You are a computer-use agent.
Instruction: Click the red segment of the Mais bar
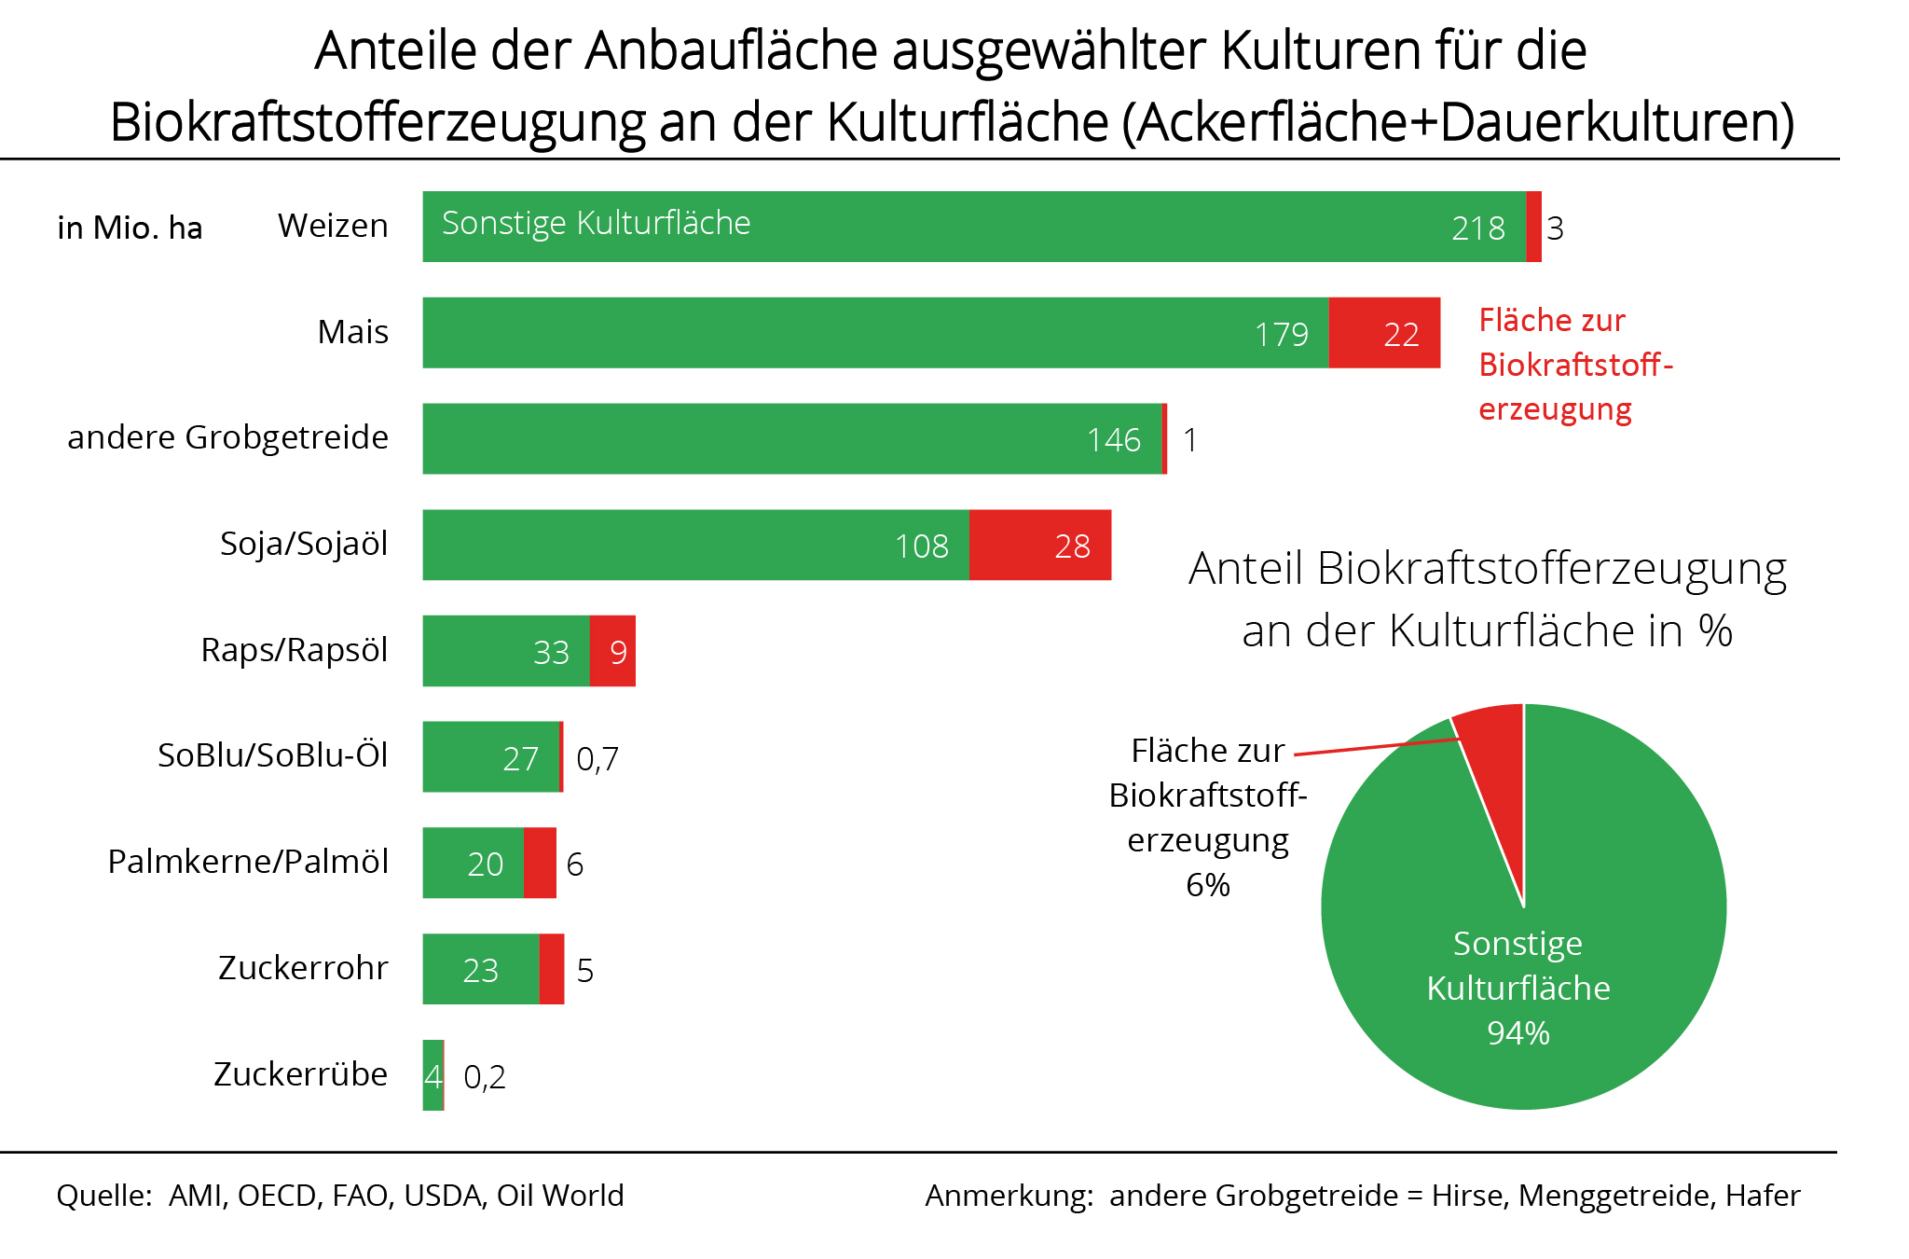(x=1383, y=333)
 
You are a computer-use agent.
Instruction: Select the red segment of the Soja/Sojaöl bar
(x=1039, y=545)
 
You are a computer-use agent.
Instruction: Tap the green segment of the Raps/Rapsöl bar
(x=506, y=651)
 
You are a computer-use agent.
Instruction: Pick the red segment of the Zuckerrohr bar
(x=552, y=969)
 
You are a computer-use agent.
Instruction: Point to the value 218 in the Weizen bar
(x=1477, y=228)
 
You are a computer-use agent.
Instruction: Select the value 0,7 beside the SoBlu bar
(x=597, y=759)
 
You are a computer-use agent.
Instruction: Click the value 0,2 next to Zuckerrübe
(x=485, y=1077)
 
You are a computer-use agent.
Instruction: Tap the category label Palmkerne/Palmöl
(x=248, y=862)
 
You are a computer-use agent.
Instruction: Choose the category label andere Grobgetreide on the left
(x=227, y=437)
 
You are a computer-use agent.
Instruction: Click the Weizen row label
(x=333, y=226)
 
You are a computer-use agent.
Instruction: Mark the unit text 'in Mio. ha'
(x=130, y=228)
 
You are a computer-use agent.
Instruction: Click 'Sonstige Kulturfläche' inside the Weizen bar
(x=596, y=223)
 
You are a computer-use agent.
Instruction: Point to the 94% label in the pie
(x=1518, y=1033)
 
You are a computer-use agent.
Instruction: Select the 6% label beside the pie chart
(x=1208, y=885)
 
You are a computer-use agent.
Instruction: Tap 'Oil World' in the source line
(x=560, y=1196)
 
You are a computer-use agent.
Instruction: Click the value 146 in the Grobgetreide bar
(x=1113, y=440)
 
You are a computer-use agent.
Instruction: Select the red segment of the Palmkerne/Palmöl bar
(x=540, y=863)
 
